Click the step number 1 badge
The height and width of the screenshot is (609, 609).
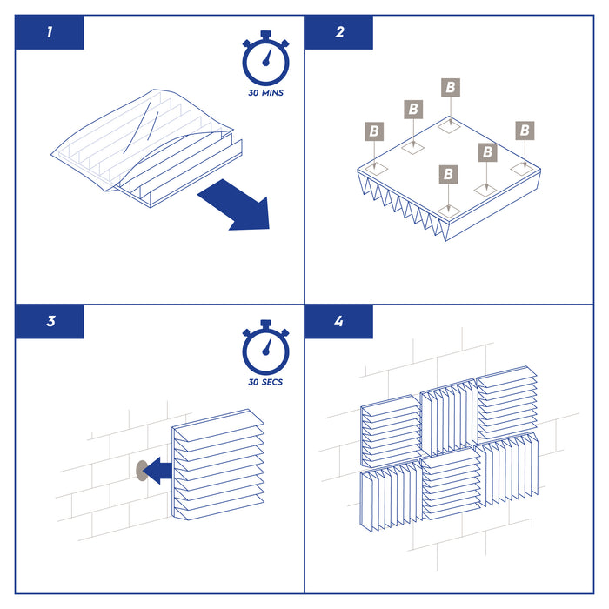click(50, 32)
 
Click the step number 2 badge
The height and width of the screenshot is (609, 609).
click(338, 32)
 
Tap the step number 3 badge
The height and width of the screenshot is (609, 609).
click(50, 322)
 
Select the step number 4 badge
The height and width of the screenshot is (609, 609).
click(338, 322)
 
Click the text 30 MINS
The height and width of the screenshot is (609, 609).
click(265, 93)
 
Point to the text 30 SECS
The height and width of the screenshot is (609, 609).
click(265, 382)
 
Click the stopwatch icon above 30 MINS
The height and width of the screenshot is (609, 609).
click(265, 58)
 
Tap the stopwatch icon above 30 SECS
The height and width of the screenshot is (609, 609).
click(265, 347)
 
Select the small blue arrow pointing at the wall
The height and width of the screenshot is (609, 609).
click(157, 471)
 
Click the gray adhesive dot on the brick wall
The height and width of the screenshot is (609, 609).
click(141, 471)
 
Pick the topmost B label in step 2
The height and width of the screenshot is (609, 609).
click(451, 87)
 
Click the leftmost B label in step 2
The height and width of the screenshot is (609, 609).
click(374, 131)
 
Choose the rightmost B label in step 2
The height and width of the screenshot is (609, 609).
click(525, 130)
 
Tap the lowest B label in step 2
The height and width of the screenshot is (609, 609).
click(448, 174)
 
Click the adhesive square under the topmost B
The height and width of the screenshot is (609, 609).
click(449, 126)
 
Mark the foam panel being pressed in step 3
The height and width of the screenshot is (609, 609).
click(217, 465)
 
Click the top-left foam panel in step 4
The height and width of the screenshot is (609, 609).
click(391, 432)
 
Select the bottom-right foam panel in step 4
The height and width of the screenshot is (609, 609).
click(507, 471)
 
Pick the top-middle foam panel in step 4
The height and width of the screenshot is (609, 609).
click(449, 417)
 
